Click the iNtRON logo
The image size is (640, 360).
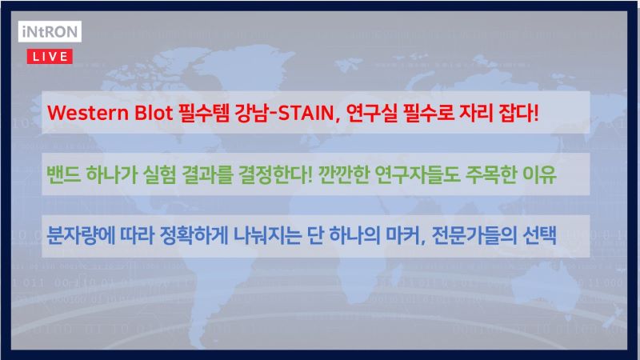[50, 31]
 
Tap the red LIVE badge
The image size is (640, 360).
[50, 56]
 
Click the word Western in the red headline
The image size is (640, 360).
[88, 113]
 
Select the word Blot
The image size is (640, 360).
[154, 113]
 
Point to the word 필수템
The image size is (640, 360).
[204, 113]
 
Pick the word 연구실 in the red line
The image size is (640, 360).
[371, 113]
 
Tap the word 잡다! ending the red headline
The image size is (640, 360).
[518, 113]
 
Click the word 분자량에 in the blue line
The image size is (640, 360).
[81, 236]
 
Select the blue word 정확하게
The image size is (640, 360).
[194, 236]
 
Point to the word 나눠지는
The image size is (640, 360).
[267, 236]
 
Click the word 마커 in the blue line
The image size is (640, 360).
[403, 236]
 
